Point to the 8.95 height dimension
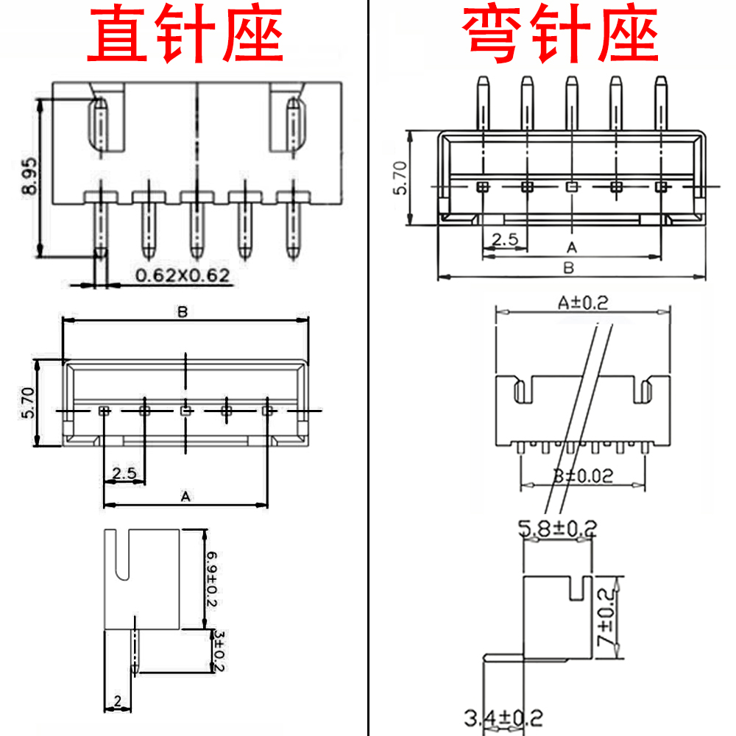click(x=29, y=177)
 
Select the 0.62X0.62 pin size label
click(x=183, y=276)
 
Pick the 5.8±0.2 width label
click(x=557, y=527)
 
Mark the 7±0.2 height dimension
click(x=607, y=618)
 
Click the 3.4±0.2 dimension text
click(x=503, y=716)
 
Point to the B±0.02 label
click(x=582, y=475)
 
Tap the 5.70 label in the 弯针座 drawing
click(x=400, y=179)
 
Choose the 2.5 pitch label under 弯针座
click(x=505, y=239)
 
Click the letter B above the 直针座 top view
click(x=183, y=312)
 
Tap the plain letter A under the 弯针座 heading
click(x=571, y=246)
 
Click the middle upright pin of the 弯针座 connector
click(x=571, y=103)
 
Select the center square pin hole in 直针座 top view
click(x=186, y=409)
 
